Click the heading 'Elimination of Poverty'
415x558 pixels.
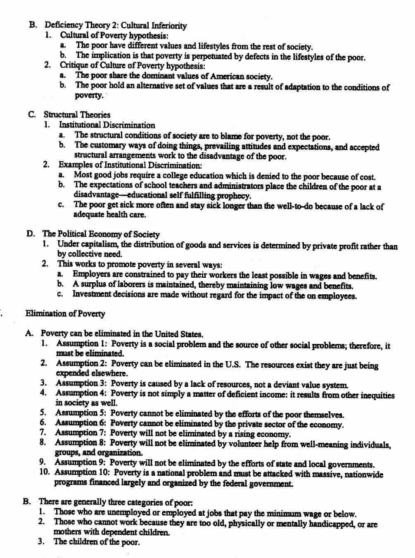(x=65, y=314)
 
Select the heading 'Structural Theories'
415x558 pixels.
(x=77, y=115)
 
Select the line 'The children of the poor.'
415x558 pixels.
(x=97, y=542)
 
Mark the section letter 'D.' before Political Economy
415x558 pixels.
(x=31, y=234)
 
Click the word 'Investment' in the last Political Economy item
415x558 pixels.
(x=92, y=295)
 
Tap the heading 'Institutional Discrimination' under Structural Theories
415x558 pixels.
(x=107, y=125)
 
